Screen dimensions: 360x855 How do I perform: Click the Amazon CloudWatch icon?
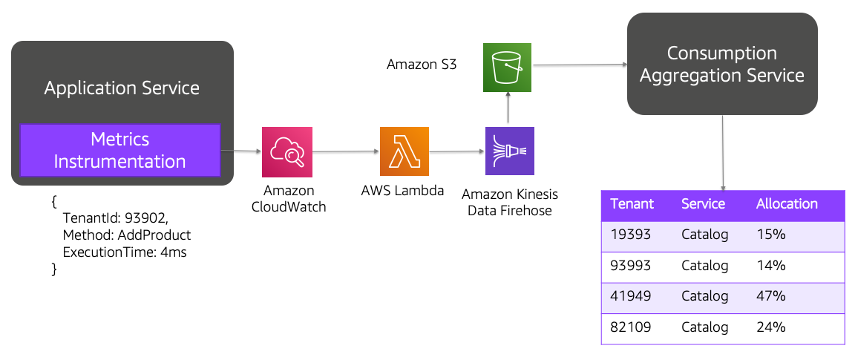(x=286, y=151)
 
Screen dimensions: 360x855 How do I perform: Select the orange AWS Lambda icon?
(x=404, y=151)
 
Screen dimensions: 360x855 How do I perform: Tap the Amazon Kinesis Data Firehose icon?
(x=509, y=151)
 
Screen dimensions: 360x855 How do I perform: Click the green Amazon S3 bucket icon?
(x=508, y=68)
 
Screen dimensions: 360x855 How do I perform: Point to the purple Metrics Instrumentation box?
(x=119, y=151)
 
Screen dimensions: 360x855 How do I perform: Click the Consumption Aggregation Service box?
(x=721, y=64)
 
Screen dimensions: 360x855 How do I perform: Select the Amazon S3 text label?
(x=422, y=65)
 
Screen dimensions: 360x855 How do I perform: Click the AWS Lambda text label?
(x=402, y=191)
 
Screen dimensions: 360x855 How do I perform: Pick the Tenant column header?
(x=632, y=204)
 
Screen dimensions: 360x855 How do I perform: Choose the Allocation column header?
(x=786, y=204)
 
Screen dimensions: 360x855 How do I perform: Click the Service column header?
(x=703, y=204)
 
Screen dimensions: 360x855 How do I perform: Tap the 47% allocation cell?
(x=770, y=296)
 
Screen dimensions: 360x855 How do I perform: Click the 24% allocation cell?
(x=770, y=327)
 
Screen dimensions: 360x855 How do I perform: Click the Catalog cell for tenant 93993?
(x=704, y=266)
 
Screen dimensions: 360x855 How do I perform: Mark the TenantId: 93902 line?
(x=115, y=218)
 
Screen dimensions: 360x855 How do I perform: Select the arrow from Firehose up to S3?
(x=508, y=109)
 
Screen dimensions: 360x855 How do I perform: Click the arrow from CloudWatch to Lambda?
(x=346, y=151)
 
